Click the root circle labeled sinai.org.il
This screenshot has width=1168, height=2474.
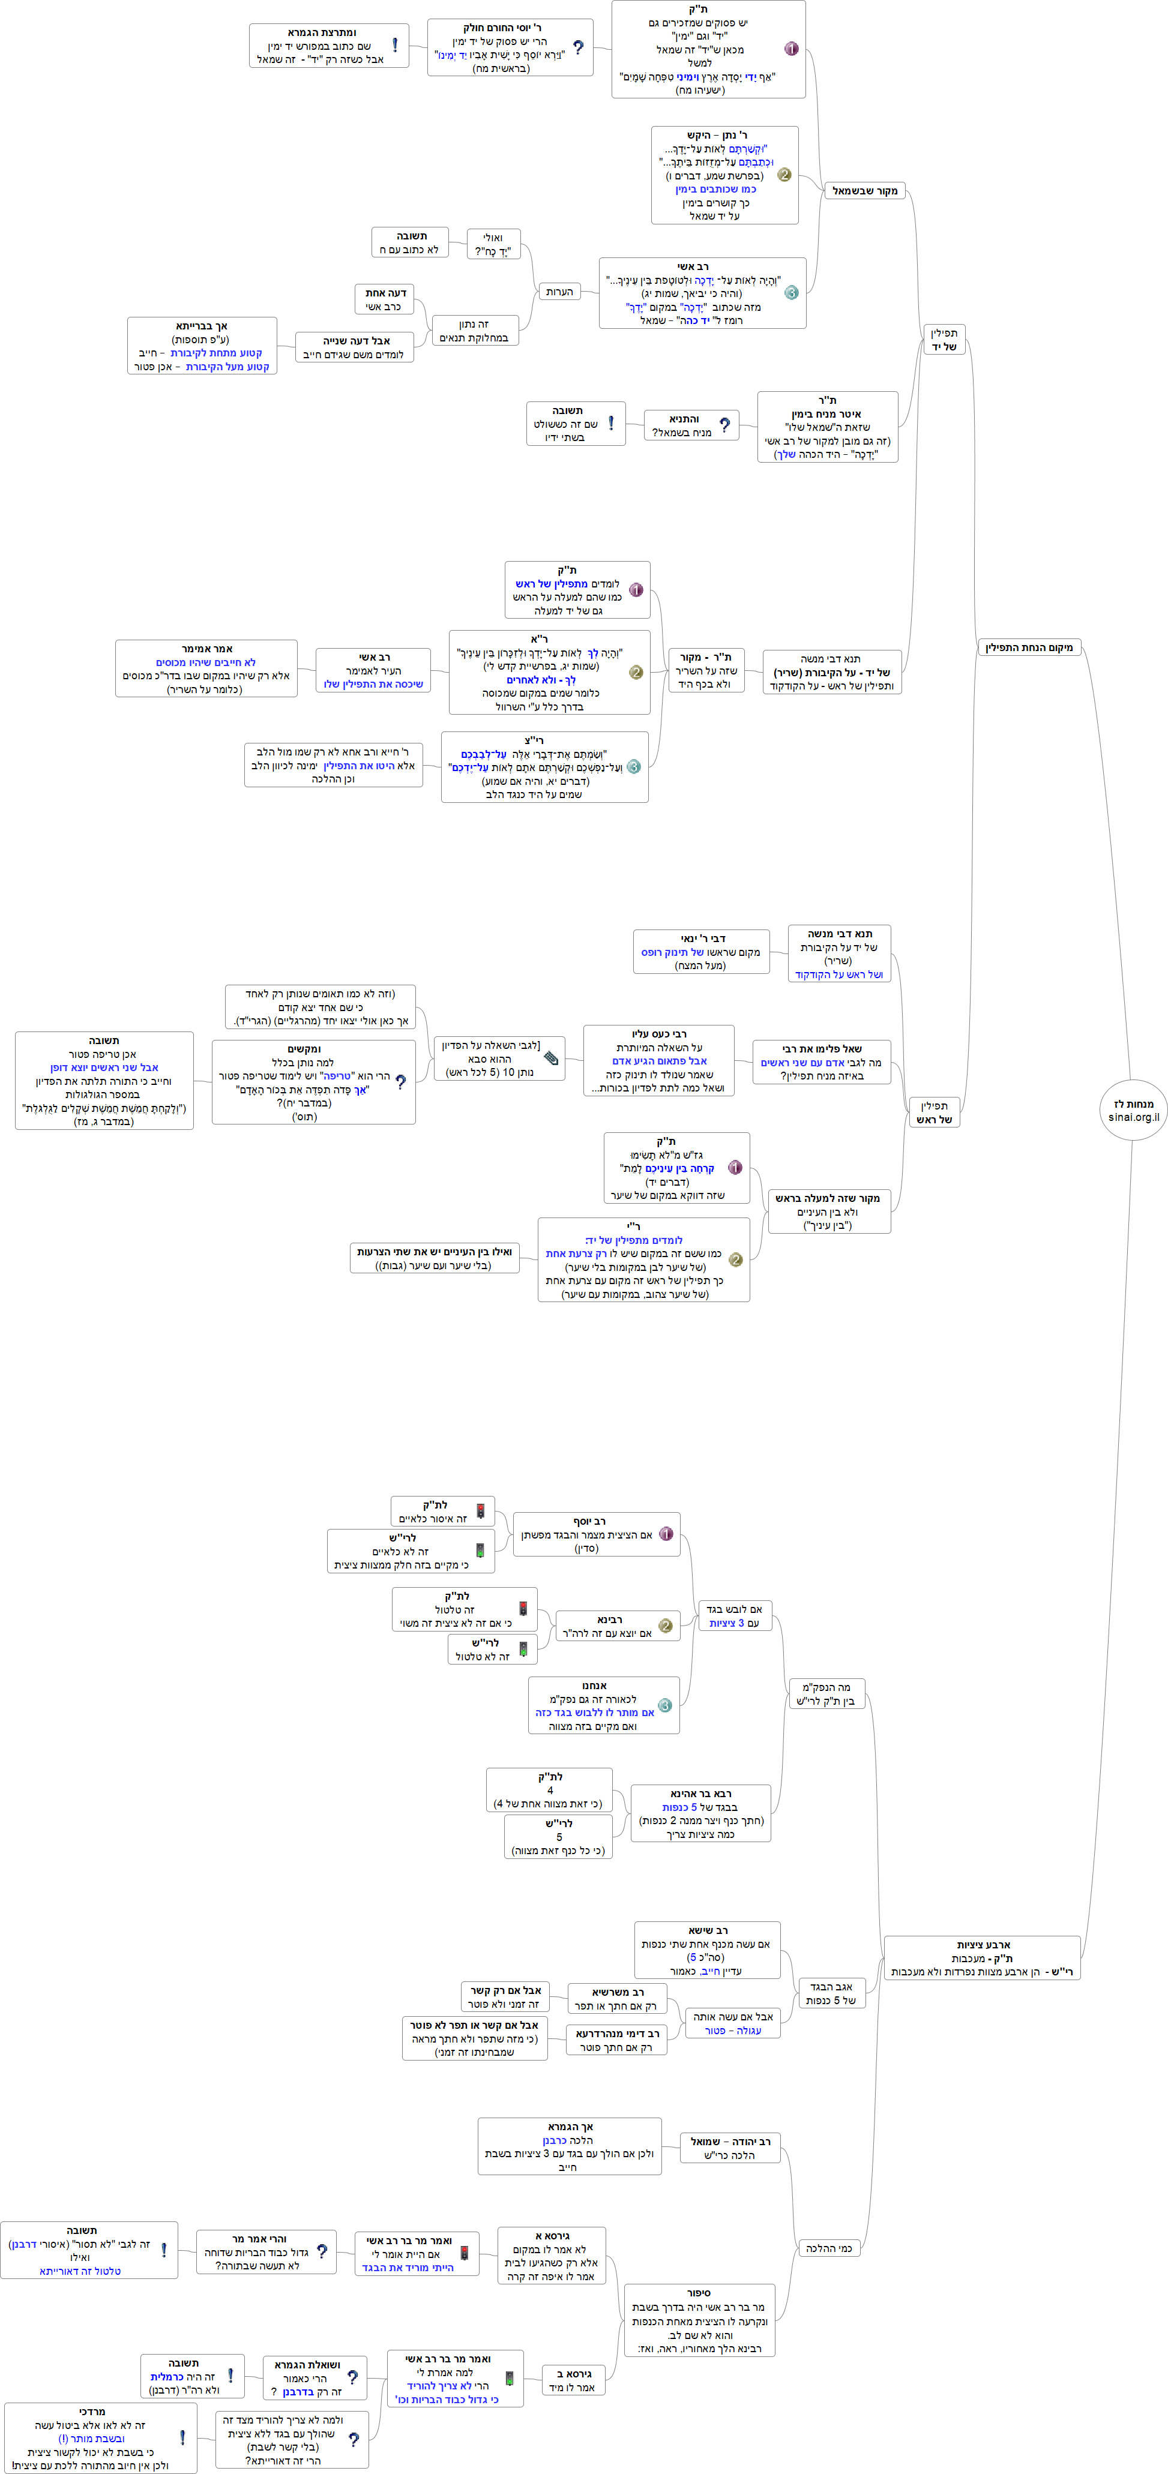(1133, 1109)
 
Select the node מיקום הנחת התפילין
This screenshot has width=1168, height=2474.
(1029, 647)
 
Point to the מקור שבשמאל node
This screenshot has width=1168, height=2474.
(864, 191)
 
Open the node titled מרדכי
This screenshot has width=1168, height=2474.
(100, 2437)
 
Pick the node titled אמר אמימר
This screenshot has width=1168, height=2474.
(206, 668)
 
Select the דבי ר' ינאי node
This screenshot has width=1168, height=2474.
(701, 952)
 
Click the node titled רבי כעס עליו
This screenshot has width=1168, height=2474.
(659, 1060)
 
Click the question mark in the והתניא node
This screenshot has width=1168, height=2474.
(724, 424)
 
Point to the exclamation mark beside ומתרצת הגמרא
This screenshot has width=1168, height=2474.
(395, 45)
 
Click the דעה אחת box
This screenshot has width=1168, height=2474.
(385, 299)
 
